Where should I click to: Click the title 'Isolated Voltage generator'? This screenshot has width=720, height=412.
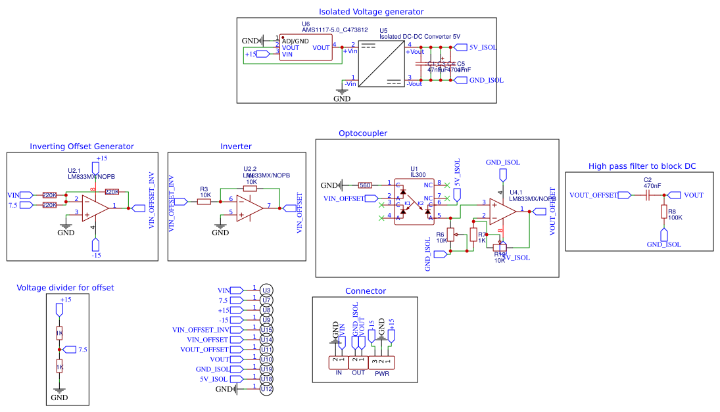pos(371,12)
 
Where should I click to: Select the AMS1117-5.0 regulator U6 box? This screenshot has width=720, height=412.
pos(306,47)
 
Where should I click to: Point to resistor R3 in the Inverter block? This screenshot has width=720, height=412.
pos(204,201)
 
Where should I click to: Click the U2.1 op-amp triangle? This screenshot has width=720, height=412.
pos(95,206)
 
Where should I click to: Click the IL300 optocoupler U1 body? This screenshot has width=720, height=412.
pos(414,201)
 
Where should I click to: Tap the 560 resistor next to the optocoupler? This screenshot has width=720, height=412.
pos(365,185)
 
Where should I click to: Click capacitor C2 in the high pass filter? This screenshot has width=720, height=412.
pos(648,195)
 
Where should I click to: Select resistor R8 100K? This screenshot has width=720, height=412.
pos(663,212)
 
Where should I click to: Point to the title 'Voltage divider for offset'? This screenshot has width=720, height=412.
pos(65,288)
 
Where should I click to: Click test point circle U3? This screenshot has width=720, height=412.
pos(266,290)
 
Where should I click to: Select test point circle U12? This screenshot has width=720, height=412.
pos(266,389)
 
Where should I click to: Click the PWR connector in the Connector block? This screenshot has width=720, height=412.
pos(381,361)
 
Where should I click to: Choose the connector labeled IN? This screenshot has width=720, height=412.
pos(339,361)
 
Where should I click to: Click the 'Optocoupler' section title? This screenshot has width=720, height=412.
pos(363,133)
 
